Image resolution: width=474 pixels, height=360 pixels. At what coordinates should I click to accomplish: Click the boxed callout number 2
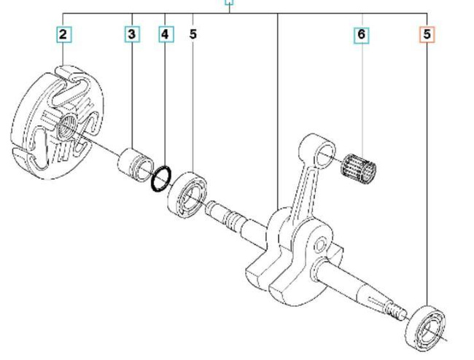[64, 34]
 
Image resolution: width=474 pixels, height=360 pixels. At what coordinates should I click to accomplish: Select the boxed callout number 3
[132, 34]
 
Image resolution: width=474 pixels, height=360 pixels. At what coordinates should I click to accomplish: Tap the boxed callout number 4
[166, 34]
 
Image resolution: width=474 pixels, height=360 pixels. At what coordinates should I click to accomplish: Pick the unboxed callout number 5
[193, 34]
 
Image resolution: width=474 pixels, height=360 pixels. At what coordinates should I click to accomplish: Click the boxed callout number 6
[362, 34]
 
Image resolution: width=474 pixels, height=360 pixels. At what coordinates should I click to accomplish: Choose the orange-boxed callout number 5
[427, 34]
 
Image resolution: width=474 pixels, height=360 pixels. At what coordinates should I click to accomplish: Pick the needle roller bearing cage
[360, 166]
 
